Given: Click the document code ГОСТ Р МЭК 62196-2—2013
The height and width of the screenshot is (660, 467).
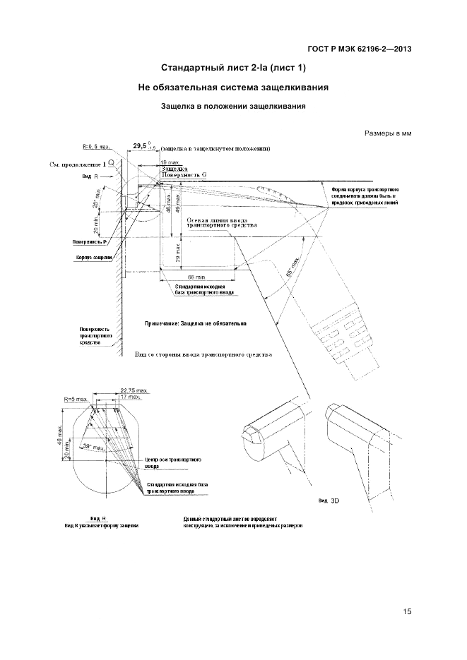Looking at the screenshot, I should pos(360,49).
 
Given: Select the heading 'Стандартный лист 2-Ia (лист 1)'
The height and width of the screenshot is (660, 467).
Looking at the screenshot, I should pos(234,68).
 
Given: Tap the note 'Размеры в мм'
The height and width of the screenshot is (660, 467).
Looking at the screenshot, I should pos(388,133).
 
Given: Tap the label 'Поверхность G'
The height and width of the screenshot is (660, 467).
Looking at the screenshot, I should pos(184,174).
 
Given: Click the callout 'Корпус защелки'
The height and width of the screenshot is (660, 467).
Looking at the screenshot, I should pos(92,258).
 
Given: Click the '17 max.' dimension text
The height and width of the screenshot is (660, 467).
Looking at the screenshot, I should pos(129,397).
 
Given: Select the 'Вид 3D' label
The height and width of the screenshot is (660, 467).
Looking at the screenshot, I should pos(329,500).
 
